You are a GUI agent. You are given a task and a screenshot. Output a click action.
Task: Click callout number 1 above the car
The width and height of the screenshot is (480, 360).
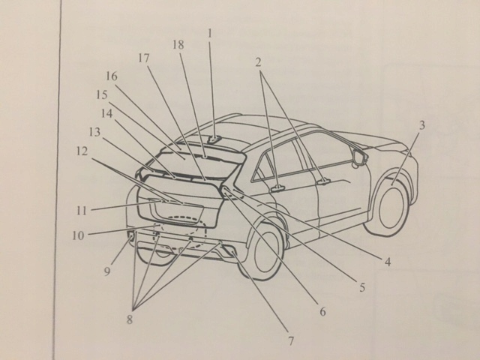pos(211,34)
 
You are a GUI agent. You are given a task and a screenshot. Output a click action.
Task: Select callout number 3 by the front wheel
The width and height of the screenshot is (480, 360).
pos(421,125)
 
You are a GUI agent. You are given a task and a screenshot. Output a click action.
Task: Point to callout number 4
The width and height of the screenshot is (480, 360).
pos(388,262)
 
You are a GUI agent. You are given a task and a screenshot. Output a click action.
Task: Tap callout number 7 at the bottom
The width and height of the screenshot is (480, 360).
pos(290,341)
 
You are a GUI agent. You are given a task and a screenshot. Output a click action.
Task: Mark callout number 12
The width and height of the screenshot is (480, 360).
pos(82,151)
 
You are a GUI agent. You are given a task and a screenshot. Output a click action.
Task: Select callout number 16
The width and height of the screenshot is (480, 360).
pos(112,76)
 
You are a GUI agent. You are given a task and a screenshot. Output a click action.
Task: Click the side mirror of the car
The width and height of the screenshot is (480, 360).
pos(358,158)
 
